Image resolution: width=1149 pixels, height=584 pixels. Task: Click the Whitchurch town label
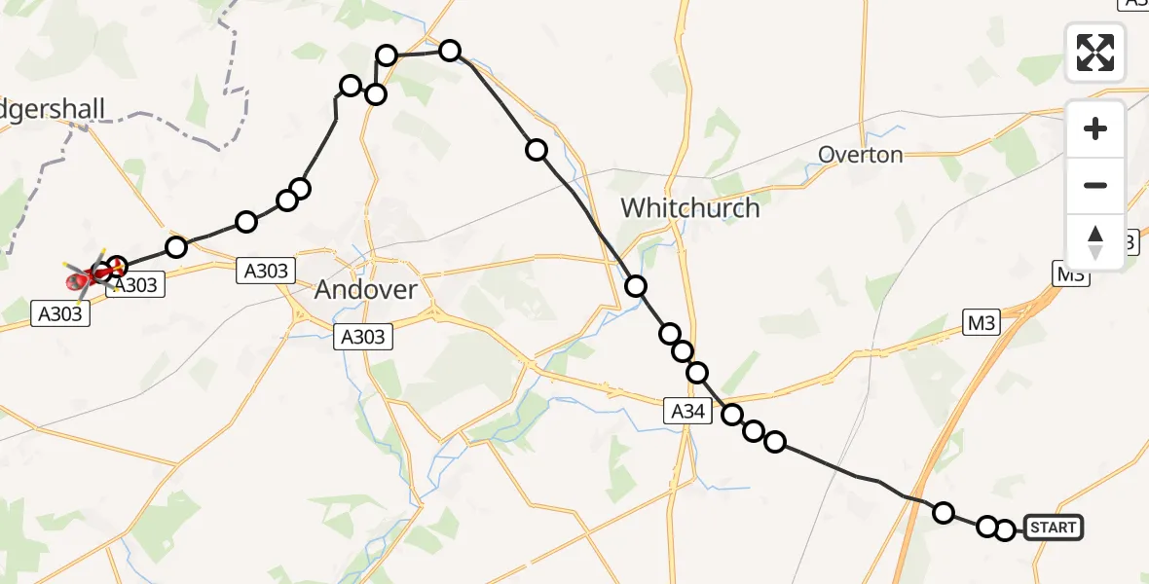pyautogui.click(x=689, y=207)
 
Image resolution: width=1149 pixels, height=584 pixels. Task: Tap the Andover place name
pyautogui.click(x=366, y=289)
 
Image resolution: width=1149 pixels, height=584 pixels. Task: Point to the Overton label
pyautogui.click(x=860, y=155)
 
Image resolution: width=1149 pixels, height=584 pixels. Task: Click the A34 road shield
pyautogui.click(x=687, y=412)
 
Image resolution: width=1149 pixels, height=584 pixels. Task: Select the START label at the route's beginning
pyautogui.click(x=1053, y=529)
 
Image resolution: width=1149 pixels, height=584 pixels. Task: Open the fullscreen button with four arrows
pyautogui.click(x=1095, y=53)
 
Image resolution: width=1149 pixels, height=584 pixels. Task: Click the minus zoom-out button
pyautogui.click(x=1095, y=185)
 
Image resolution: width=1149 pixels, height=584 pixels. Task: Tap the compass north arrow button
pyautogui.click(x=1095, y=242)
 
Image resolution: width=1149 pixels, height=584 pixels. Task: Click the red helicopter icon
pyautogui.click(x=78, y=282)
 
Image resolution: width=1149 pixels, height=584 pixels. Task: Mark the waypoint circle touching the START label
pyautogui.click(x=1006, y=530)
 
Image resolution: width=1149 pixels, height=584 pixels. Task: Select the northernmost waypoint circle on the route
pyautogui.click(x=450, y=51)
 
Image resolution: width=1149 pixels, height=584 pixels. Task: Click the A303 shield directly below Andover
pyautogui.click(x=362, y=337)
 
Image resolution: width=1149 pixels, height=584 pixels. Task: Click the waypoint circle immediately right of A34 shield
pyautogui.click(x=732, y=415)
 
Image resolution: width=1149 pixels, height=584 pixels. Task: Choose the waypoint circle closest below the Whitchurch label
pyautogui.click(x=636, y=286)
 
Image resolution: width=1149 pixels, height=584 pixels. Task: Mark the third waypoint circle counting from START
pyautogui.click(x=944, y=513)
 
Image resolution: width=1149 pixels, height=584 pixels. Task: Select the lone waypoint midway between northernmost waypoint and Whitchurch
pyautogui.click(x=537, y=150)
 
